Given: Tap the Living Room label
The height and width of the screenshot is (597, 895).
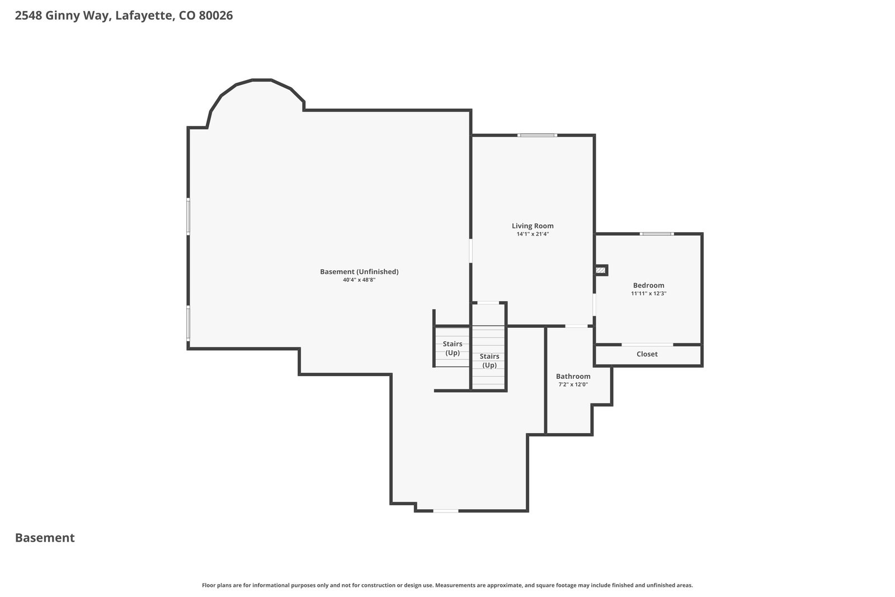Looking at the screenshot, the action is tap(533, 226).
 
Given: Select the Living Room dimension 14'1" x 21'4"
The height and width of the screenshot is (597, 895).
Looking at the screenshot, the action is tap(533, 234).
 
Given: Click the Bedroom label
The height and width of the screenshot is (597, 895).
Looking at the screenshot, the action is tap(648, 285).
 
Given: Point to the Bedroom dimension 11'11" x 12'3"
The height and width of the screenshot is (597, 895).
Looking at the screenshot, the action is tap(648, 293).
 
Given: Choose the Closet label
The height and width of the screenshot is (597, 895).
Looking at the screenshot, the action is tap(647, 354).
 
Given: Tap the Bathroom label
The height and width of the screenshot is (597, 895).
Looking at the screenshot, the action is tap(573, 377).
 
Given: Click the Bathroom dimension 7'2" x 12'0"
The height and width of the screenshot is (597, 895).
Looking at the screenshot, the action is tap(573, 384).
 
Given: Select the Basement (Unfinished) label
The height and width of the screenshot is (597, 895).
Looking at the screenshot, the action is tap(359, 272).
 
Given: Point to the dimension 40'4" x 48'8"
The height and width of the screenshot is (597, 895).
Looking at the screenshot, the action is tap(359, 280).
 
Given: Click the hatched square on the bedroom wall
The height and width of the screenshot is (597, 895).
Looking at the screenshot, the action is tap(600, 271).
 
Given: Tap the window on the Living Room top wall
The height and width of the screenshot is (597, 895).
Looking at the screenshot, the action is tap(537, 135).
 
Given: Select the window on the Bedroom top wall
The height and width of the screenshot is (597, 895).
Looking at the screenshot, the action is tap(657, 234).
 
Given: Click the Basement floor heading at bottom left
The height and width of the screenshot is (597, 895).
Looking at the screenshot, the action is tap(45, 538).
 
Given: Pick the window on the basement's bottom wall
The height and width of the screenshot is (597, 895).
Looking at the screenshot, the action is tap(445, 511).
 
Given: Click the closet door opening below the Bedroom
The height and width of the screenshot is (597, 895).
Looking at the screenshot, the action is tap(647, 345).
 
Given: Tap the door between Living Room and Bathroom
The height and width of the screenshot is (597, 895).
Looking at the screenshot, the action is tap(576, 326).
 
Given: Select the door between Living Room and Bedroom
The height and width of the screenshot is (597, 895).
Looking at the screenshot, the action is tap(594, 305).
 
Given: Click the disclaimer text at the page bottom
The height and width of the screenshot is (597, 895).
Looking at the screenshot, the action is tap(447, 585).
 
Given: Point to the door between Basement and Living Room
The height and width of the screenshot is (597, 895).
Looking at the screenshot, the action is tap(470, 251).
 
